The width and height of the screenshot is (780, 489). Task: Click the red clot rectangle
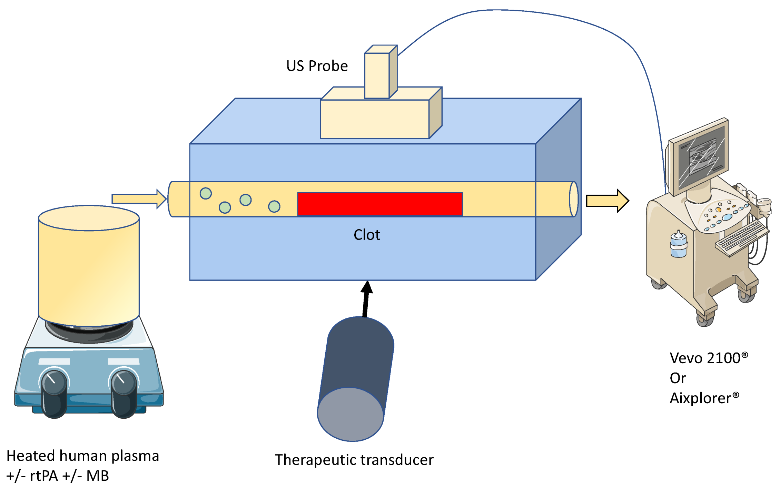click(379, 204)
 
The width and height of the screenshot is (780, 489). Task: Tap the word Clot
click(367, 235)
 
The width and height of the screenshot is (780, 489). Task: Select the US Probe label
click(317, 66)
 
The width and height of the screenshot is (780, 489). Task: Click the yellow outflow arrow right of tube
click(607, 201)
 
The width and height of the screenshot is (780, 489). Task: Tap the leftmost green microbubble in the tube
click(206, 193)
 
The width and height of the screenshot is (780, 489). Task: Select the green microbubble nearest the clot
click(274, 206)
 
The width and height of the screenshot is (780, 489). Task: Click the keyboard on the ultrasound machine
click(742, 238)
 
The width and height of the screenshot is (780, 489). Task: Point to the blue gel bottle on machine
click(678, 245)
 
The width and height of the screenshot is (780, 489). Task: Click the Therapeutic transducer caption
click(354, 460)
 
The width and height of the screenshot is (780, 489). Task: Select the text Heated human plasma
click(83, 456)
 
